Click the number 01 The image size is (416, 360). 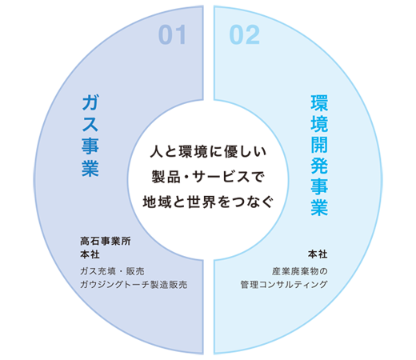172,34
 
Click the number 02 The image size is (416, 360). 244,34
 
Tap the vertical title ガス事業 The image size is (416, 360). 90,136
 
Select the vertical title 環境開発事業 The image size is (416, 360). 319,155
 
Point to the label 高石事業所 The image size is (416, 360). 106,241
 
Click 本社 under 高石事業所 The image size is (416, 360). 90,254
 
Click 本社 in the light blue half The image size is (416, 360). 318,254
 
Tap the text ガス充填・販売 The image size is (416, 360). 112,271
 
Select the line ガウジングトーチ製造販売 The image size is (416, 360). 134,285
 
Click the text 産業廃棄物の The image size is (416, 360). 300,271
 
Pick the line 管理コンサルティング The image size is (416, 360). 284,284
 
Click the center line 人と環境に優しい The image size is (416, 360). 208,151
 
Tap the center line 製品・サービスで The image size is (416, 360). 208,177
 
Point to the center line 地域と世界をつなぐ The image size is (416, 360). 208,202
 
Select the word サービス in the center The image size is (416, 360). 224,177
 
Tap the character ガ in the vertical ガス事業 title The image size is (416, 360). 90,102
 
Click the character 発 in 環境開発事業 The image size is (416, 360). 319,166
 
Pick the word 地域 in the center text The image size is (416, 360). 157,202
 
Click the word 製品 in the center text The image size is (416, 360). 166,177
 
